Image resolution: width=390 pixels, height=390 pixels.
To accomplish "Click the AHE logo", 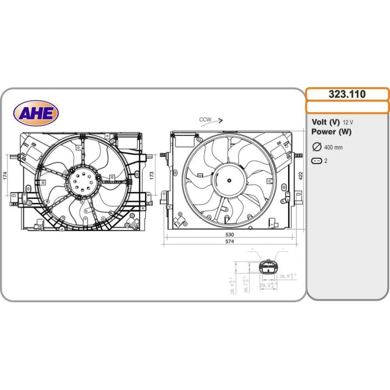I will tap(36, 113).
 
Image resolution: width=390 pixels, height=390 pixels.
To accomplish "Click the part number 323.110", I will tap(347, 94).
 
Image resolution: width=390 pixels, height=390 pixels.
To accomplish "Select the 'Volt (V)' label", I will tap(326, 122).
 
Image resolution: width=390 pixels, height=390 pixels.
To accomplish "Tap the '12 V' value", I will tap(349, 122).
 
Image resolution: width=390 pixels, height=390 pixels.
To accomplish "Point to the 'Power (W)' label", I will tap(331, 132).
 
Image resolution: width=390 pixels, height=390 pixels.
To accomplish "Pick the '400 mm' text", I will tap(333, 147).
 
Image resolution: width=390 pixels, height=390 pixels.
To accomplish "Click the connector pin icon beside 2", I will tap(317, 161).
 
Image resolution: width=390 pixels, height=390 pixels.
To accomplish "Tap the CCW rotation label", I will tap(205, 120).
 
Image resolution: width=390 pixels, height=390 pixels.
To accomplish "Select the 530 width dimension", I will tap(230, 235).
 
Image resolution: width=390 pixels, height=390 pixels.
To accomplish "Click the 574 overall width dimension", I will tap(230, 242).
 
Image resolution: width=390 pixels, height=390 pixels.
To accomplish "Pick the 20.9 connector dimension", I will tap(287, 277).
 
